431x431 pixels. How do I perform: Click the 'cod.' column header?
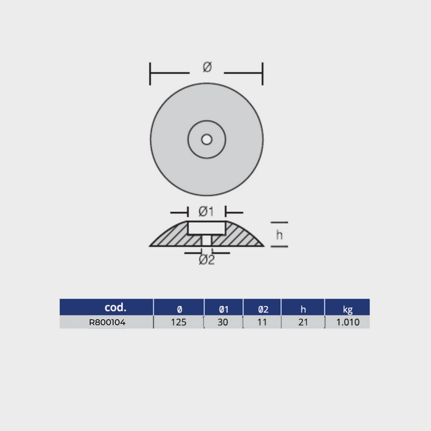[115, 307]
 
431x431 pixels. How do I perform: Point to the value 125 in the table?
[179, 322]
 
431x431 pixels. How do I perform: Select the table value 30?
[223, 322]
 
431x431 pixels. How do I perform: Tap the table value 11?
[262, 322]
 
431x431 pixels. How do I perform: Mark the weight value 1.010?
[347, 322]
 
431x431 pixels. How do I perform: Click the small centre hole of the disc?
[206, 140]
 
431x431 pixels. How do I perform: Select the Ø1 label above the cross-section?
[205, 212]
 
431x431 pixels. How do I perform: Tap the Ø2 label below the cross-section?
[207, 260]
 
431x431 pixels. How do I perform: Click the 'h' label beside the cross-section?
[280, 234]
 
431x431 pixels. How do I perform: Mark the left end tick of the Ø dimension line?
[151, 73]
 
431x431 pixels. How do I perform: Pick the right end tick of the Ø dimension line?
[263, 73]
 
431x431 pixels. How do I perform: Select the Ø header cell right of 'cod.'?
[179, 307]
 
